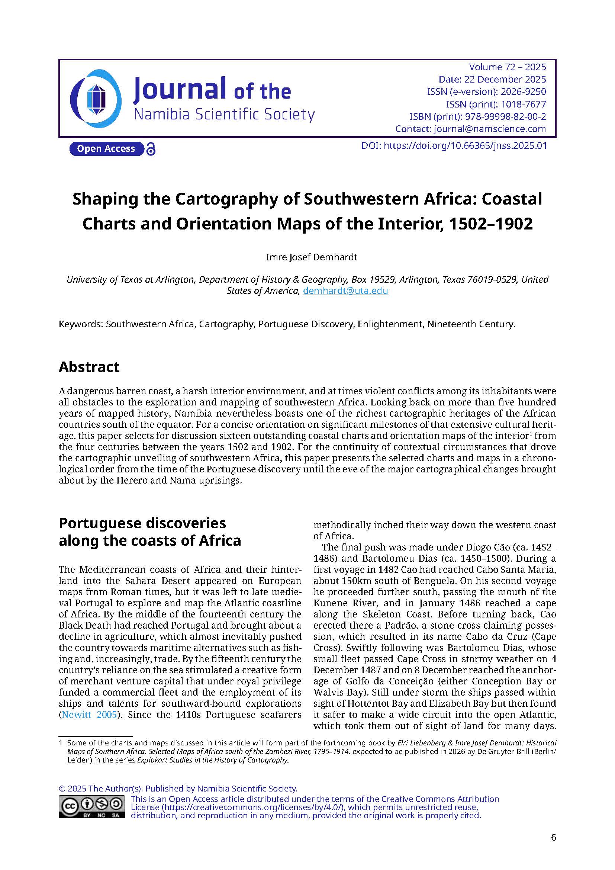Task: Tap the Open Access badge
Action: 106,148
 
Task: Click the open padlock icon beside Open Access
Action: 151,149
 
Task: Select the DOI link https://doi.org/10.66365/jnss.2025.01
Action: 465,146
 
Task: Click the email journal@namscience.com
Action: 490,129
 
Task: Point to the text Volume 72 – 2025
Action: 507,67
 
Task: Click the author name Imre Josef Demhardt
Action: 311,257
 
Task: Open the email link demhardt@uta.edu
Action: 345,291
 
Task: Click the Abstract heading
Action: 89,367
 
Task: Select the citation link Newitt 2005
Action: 88,715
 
